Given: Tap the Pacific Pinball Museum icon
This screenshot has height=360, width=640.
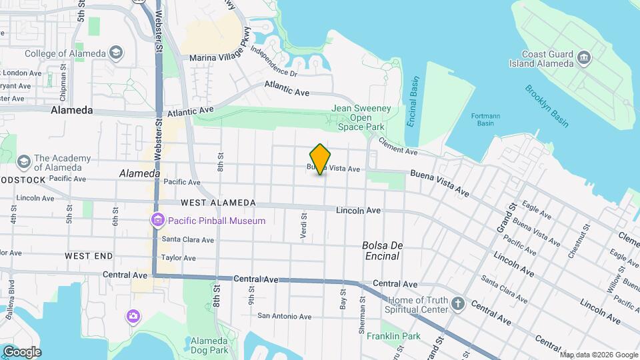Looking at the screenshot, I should tap(157, 220).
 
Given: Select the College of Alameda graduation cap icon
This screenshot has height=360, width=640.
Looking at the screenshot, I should tap(116, 53).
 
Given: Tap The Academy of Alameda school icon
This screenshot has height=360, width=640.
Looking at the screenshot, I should tap(24, 162).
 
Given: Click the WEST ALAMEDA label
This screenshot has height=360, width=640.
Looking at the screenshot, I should tap(217, 203).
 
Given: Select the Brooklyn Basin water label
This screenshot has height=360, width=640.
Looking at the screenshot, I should tap(547, 105).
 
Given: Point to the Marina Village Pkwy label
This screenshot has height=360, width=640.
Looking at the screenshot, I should tap(221, 58).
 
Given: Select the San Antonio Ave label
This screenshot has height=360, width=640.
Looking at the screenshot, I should tap(285, 316).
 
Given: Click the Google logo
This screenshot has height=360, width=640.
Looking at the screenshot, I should tap(22, 351).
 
